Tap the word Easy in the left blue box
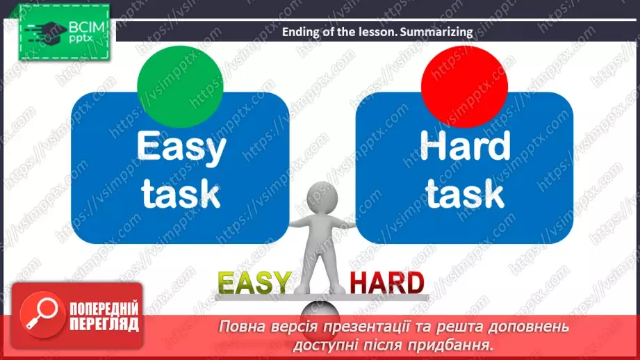[181, 147]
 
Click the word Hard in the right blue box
[464, 147]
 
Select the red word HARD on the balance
[386, 283]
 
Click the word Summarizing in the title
[439, 31]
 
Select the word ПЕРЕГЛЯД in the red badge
[103, 324]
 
